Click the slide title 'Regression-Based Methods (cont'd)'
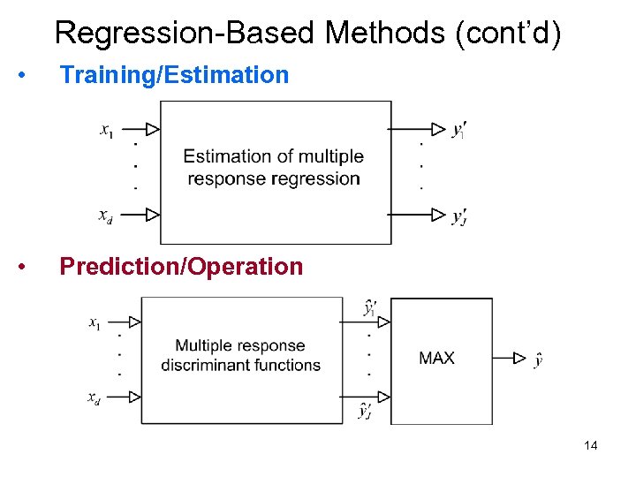coord(307,33)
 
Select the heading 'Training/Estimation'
coord(174,75)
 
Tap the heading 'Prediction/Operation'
coord(181,267)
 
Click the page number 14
coord(591,446)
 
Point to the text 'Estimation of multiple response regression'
coord(274,167)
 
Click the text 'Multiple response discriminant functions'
coord(240,355)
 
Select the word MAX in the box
coord(436,358)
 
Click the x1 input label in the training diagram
coord(106,130)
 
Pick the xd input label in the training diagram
coord(105,215)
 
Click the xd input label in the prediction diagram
coord(94,397)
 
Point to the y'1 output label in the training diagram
coord(458,131)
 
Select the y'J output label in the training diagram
coord(458,216)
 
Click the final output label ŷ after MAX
coord(539,359)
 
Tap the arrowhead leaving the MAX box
coord(520,358)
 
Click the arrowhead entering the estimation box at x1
coord(152,130)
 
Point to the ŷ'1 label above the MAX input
coord(369,308)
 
